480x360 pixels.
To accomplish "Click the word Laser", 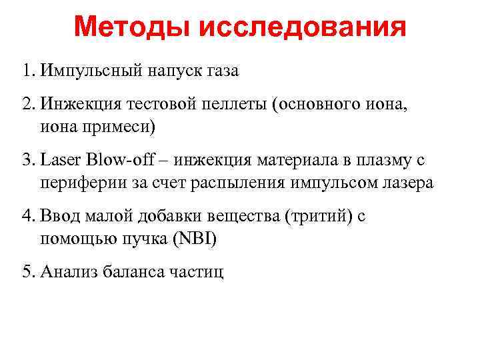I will tap(59, 161).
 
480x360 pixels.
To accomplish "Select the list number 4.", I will tap(27, 216).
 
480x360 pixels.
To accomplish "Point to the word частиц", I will tap(198, 271).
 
